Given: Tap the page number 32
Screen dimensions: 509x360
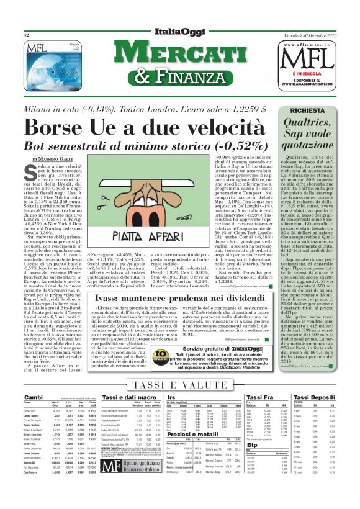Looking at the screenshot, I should [x=27, y=35].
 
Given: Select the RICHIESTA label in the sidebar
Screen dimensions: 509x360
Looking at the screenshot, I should [x=319, y=110].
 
